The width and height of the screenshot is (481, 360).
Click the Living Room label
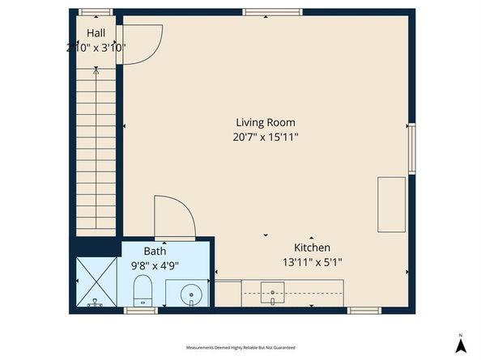[266, 122]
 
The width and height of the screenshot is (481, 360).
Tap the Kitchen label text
[312, 248]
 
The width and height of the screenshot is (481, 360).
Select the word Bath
[155, 252]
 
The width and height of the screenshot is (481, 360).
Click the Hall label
[96, 33]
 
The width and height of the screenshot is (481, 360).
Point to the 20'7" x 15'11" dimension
[266, 137]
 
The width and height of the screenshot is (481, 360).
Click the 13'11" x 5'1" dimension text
[312, 262]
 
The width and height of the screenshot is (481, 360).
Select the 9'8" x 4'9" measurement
[155, 265]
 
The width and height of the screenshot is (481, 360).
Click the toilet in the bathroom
[143, 290]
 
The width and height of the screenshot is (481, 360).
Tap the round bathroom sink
[191, 295]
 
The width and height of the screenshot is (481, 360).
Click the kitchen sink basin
[272, 293]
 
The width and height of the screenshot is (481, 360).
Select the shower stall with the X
[96, 282]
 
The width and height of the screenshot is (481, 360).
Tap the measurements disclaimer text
[240, 348]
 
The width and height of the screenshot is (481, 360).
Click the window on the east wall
[411, 149]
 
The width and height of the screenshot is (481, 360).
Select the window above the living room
[272, 12]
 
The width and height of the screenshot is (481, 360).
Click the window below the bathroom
[141, 311]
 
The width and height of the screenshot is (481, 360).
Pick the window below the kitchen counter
[364, 311]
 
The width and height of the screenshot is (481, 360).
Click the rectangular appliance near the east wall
[391, 205]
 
